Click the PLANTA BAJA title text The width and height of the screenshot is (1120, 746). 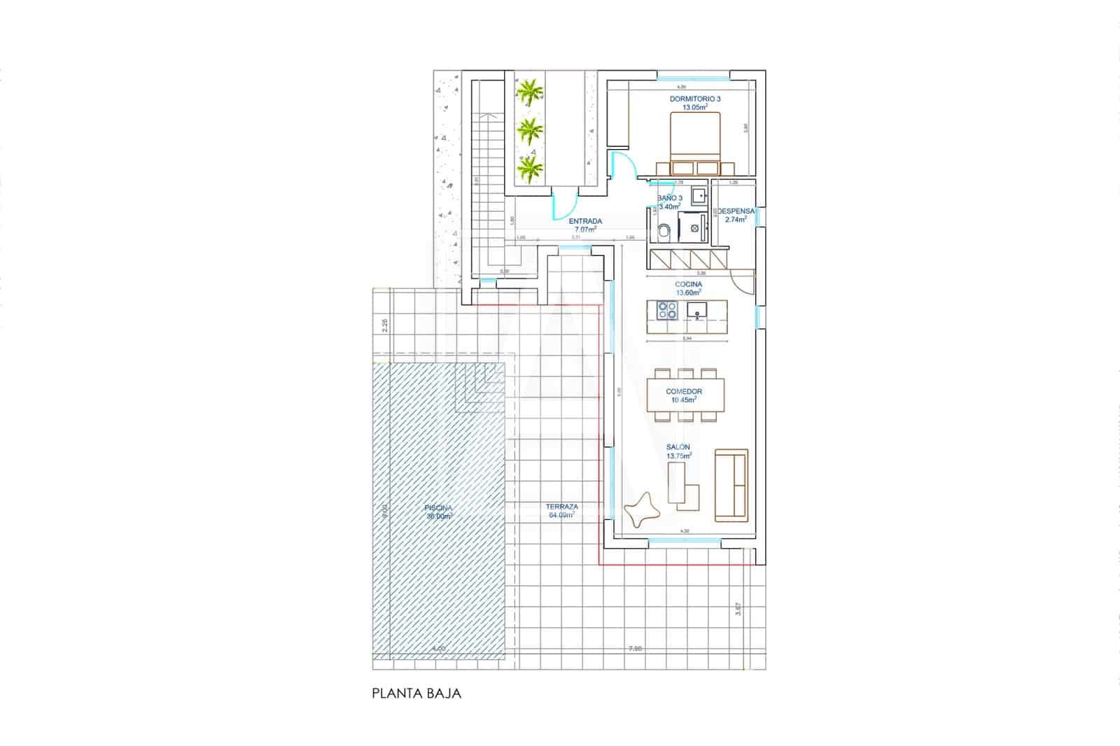(x=416, y=694)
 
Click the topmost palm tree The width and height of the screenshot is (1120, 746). (x=529, y=92)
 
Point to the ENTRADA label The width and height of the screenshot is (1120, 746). (x=585, y=225)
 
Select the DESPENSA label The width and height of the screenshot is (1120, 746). (x=735, y=214)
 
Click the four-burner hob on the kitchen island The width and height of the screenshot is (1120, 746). (x=666, y=309)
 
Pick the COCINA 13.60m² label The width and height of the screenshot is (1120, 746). (x=688, y=288)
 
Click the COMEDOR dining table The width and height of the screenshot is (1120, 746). (x=685, y=396)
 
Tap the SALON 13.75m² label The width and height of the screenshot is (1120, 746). (x=678, y=451)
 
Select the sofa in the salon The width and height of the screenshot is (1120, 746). (x=731, y=485)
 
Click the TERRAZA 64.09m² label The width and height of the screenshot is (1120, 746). (x=561, y=510)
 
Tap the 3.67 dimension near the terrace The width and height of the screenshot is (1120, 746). (x=738, y=609)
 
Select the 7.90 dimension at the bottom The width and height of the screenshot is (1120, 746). (x=634, y=649)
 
